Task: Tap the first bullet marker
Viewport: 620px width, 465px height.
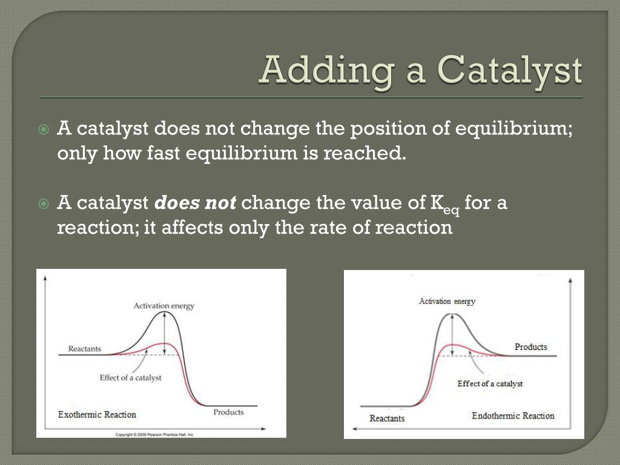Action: point(44,130)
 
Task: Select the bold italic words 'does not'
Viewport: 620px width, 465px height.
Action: point(195,203)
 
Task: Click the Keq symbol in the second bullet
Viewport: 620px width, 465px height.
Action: point(445,205)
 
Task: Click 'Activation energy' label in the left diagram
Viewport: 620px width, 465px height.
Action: point(164,306)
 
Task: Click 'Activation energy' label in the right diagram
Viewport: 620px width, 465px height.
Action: point(447,301)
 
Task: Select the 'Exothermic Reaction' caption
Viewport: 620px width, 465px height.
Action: point(97,415)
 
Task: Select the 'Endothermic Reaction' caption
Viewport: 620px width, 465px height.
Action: point(513,416)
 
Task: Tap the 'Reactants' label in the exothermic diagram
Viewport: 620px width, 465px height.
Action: point(85,349)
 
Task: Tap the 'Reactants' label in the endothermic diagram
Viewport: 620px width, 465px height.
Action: point(387,418)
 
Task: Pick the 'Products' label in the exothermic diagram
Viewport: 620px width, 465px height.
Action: point(228,412)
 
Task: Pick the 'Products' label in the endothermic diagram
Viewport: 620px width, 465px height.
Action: point(530,347)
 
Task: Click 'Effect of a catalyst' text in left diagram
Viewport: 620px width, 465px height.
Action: point(131,378)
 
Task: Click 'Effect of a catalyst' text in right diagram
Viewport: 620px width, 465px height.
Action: point(490,384)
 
